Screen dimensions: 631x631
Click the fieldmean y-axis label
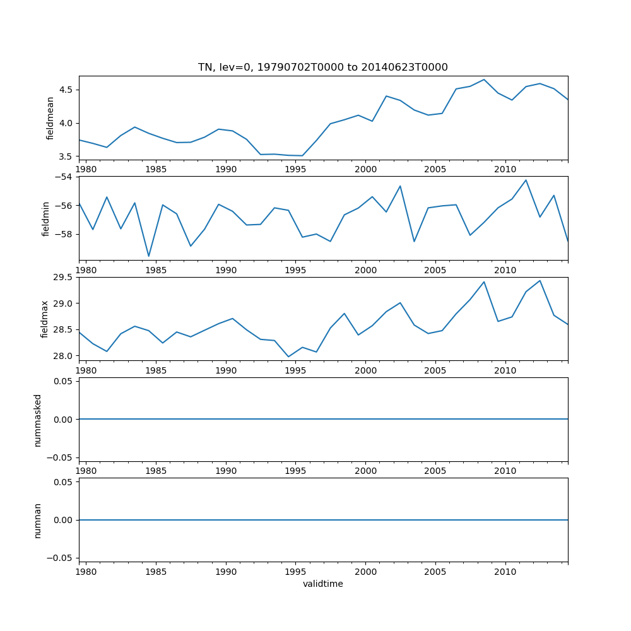click(50, 118)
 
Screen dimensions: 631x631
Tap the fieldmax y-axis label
click(45, 319)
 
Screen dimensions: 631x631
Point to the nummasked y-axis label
click(38, 420)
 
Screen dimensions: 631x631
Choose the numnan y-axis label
click(38, 520)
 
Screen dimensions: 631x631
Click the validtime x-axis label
click(322, 584)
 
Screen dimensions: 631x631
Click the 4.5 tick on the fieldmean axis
click(64, 90)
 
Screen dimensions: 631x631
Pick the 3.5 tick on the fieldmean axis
click(64, 156)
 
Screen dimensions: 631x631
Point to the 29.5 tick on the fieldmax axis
click(62, 278)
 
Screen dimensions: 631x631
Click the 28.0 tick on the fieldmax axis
click(62, 356)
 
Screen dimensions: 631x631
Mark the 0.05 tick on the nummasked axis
click(62, 381)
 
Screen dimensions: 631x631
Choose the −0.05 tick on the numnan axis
click(59, 558)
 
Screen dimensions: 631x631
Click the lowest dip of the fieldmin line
click(149, 256)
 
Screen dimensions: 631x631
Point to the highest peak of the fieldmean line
click(484, 80)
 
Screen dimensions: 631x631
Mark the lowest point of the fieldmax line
click(288, 357)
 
